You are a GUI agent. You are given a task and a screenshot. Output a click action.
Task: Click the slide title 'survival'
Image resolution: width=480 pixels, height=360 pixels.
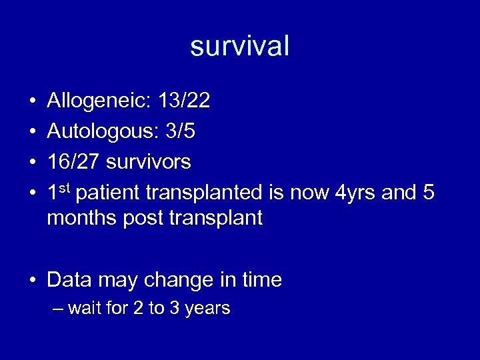240,46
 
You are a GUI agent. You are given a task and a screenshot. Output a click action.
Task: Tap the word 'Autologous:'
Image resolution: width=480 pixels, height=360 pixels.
99,131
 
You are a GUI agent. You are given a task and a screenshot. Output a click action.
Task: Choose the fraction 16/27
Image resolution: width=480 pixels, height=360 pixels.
75,161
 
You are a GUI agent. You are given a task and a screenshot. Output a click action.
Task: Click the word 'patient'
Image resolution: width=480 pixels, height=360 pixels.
109,192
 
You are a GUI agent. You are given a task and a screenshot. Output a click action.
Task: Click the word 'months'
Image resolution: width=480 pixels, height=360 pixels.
82,218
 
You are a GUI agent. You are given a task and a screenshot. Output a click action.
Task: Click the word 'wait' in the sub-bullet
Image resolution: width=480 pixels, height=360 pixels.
81,308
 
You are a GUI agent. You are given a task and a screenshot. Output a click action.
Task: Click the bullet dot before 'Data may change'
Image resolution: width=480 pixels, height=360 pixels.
33,280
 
